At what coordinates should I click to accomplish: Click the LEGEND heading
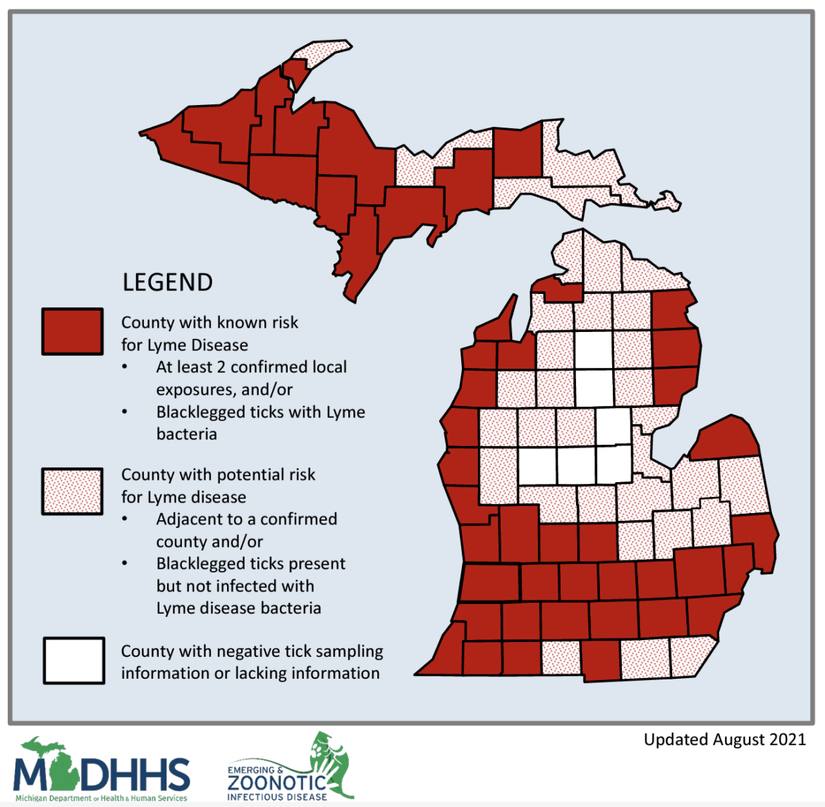[167, 282]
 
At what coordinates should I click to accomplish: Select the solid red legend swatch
[72, 331]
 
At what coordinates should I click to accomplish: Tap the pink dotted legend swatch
[72, 491]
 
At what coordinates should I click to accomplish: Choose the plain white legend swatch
[73, 660]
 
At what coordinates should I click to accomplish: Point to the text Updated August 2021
[724, 739]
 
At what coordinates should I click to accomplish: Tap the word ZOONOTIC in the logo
[276, 783]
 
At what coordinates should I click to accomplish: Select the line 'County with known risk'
[209, 323]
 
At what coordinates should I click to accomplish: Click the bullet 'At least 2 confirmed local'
[251, 367]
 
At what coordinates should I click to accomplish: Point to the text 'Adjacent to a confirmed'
[246, 519]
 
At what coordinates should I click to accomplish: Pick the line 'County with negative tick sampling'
[252, 651]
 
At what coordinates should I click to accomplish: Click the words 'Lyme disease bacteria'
[238, 608]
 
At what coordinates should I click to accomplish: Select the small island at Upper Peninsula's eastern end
[666, 201]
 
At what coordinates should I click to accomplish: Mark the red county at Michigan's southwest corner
[443, 655]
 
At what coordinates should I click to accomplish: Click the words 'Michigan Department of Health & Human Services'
[101, 799]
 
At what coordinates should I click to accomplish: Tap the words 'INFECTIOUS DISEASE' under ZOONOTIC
[276, 797]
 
